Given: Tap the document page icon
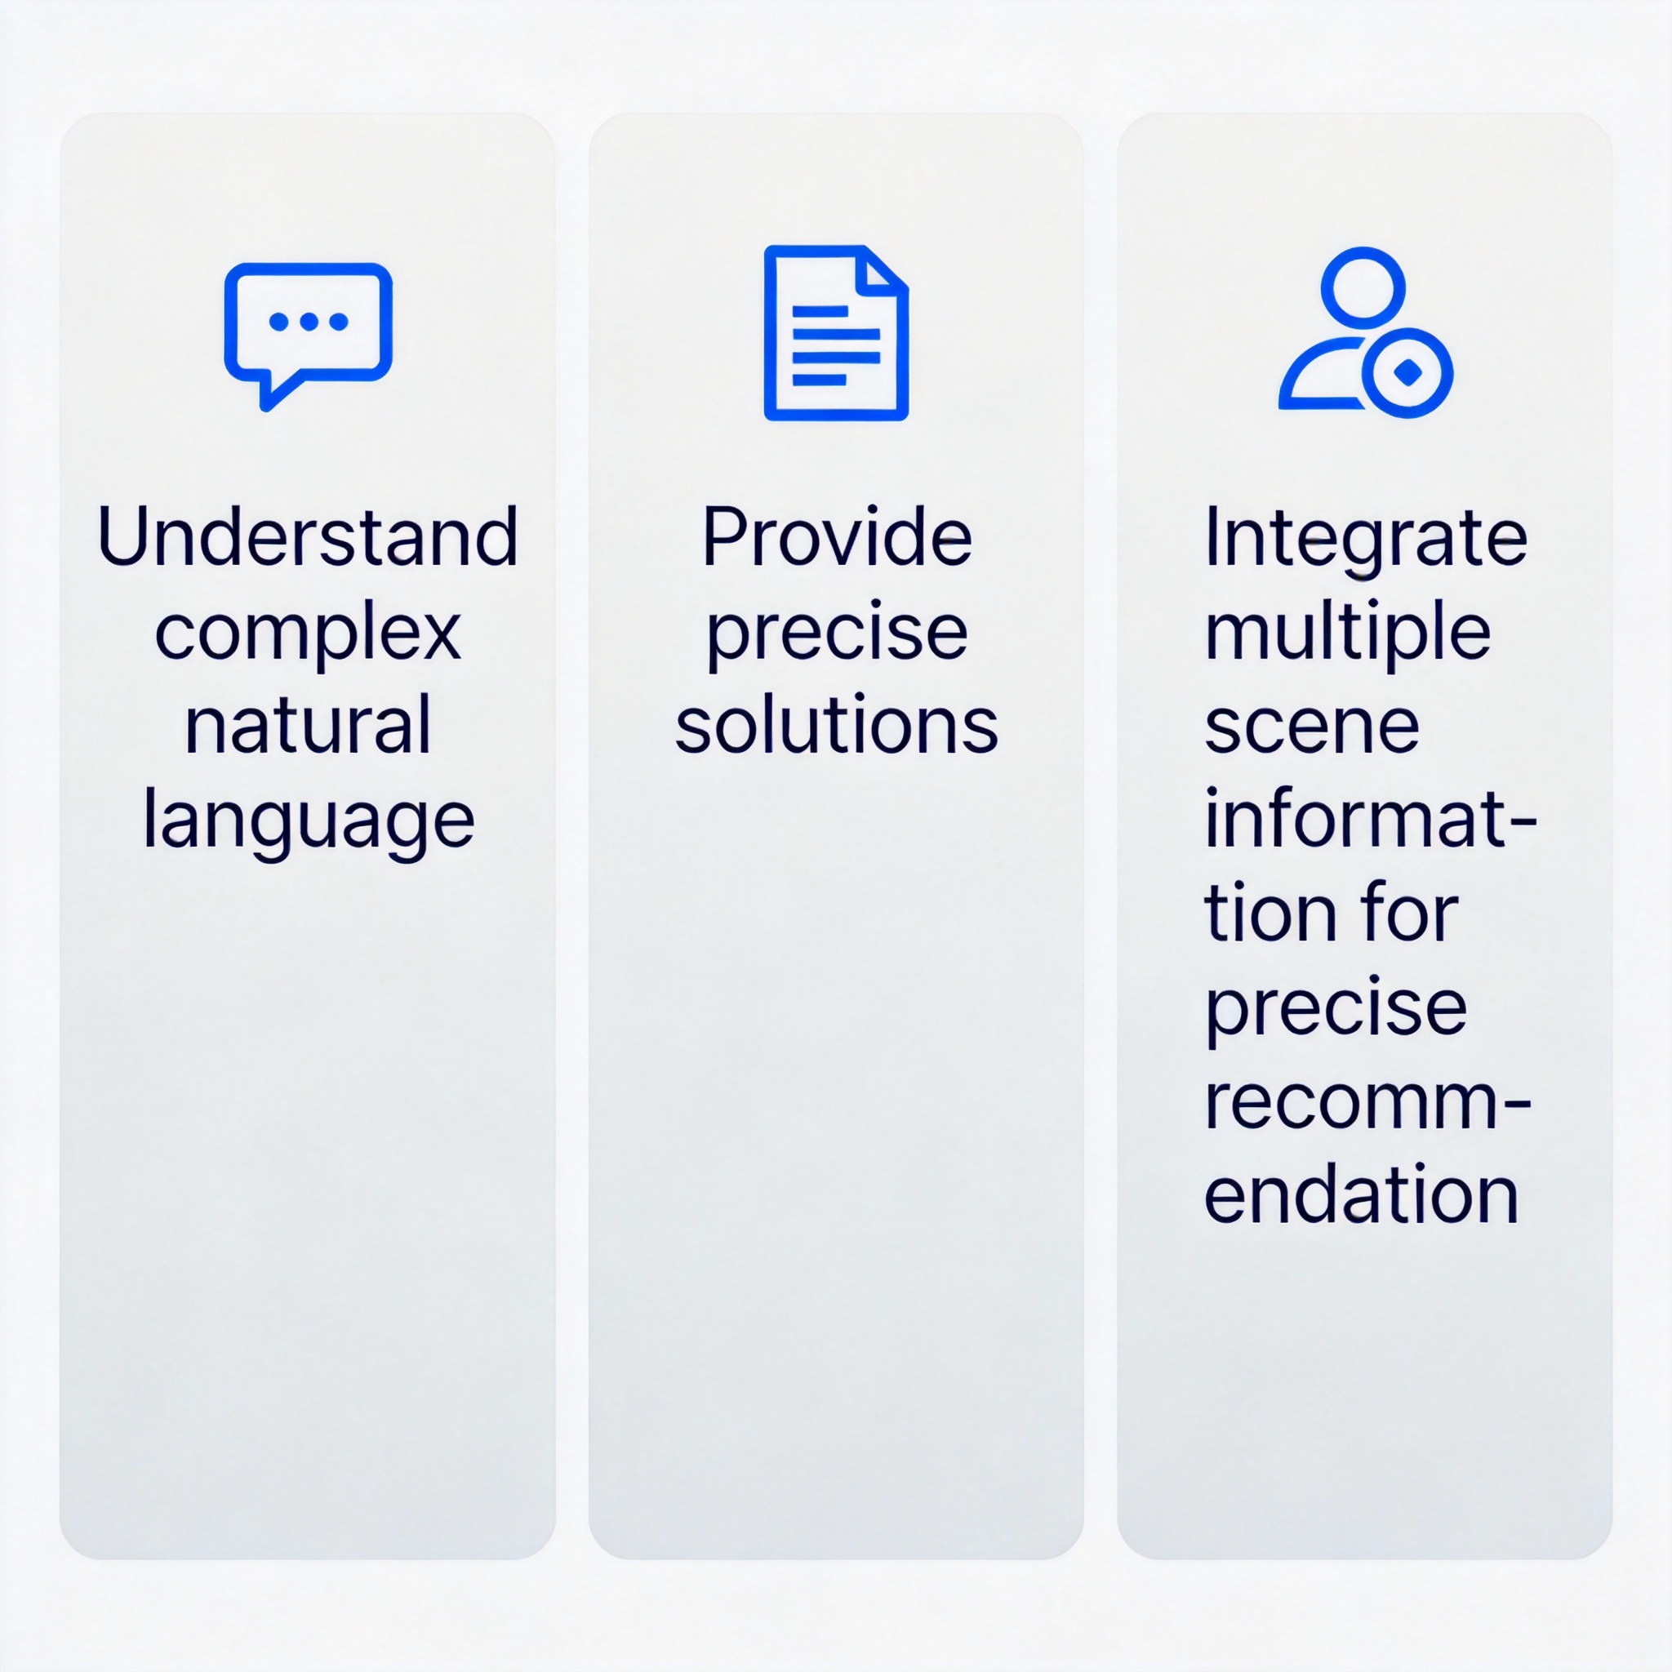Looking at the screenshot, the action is [836, 333].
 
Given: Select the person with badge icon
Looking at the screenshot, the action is [1366, 332].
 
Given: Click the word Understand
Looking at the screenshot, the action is [308, 536].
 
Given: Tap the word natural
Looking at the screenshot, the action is [308, 725].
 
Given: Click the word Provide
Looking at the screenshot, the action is [837, 536].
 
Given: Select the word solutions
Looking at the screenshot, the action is [837, 725].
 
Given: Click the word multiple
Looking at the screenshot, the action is [1347, 634].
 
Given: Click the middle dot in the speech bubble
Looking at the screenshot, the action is [309, 321].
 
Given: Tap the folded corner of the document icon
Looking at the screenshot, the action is [883, 268].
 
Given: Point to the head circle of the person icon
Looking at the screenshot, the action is [1363, 288].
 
